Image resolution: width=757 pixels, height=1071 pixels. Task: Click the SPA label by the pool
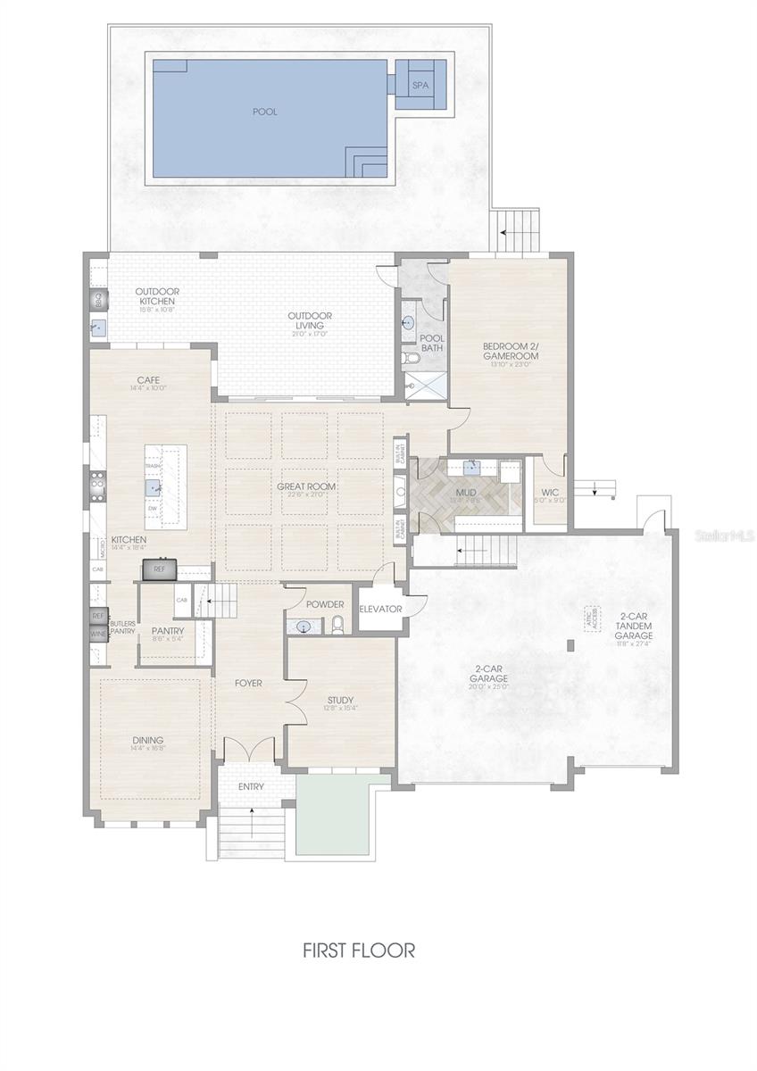click(x=420, y=86)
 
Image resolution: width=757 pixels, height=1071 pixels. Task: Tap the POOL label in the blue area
click(x=265, y=112)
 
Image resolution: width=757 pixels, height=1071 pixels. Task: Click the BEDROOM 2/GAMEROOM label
click(x=511, y=351)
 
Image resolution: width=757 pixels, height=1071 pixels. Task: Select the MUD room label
click(x=466, y=492)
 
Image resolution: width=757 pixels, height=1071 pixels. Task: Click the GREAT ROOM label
click(x=306, y=486)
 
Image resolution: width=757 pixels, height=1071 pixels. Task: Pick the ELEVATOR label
click(x=381, y=609)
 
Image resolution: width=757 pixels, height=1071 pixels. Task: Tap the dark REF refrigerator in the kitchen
click(x=160, y=568)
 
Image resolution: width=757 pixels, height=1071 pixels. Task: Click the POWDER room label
click(x=324, y=604)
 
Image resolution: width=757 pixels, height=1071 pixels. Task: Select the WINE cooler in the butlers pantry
click(x=98, y=634)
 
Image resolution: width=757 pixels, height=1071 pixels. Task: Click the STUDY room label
click(x=340, y=700)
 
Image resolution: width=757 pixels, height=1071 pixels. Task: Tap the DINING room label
click(x=147, y=740)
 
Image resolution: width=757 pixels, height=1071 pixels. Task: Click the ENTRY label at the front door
click(x=251, y=786)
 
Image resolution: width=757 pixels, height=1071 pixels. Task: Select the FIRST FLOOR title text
click(x=359, y=951)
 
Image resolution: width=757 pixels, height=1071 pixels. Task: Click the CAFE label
click(x=148, y=379)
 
